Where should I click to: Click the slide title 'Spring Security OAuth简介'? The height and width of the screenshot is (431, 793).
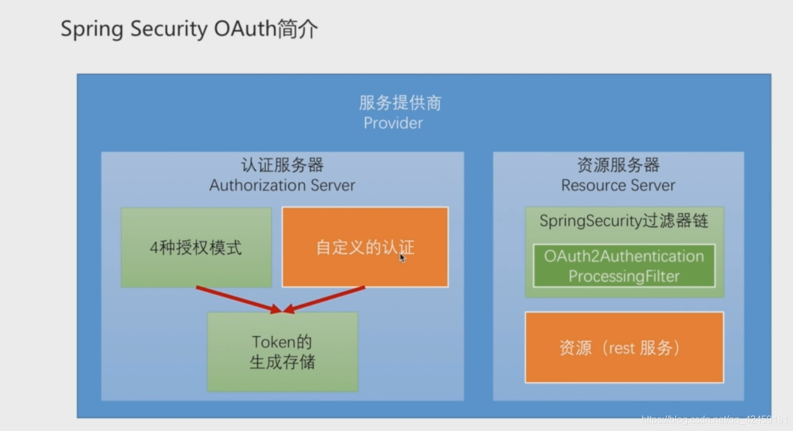point(189,29)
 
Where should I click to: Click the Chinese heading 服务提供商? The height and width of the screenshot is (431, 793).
point(400,103)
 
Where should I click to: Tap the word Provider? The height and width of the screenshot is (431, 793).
point(393,123)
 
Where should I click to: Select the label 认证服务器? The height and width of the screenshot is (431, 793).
point(282,165)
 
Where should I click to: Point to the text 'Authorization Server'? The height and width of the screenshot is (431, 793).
point(282,185)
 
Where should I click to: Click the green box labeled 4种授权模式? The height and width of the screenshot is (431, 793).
point(196,247)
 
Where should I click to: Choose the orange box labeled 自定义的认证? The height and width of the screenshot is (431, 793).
point(365,247)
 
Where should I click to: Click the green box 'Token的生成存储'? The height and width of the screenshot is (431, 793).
point(282,352)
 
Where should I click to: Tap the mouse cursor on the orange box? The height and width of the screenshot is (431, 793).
point(402,258)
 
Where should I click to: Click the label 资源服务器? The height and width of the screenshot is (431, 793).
point(618,165)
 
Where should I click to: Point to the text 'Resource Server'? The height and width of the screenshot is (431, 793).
point(618,185)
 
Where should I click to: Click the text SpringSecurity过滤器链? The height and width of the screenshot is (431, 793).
point(624,221)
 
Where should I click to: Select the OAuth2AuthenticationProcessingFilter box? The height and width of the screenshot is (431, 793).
point(624,266)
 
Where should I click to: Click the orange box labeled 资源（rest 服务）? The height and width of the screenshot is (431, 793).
point(624,348)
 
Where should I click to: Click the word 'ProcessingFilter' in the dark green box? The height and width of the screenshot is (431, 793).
point(624,277)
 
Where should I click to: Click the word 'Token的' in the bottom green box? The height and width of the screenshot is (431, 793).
point(282,342)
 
